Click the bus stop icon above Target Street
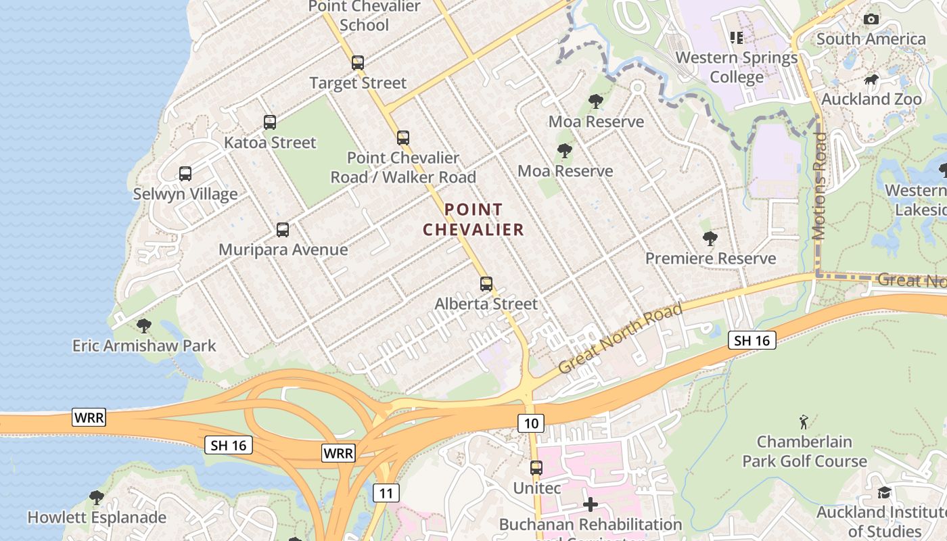(x=358, y=63)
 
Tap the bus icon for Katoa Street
(x=270, y=122)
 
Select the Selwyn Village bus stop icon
(x=185, y=174)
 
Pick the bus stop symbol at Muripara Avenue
(x=283, y=230)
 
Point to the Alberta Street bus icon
(x=486, y=284)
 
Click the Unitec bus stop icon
(x=536, y=467)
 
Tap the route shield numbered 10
(x=531, y=423)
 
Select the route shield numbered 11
(x=386, y=492)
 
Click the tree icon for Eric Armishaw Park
(x=143, y=326)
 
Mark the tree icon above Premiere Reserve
(x=710, y=239)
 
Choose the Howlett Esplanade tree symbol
(x=97, y=498)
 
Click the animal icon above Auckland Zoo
(x=871, y=80)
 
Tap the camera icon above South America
(x=871, y=19)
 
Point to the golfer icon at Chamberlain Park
(x=804, y=422)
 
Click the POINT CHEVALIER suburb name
(x=473, y=220)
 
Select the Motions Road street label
(x=819, y=187)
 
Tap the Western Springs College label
(x=737, y=67)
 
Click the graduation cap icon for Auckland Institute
(x=884, y=492)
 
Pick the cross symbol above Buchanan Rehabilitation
(x=591, y=504)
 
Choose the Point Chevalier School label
(x=364, y=16)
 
